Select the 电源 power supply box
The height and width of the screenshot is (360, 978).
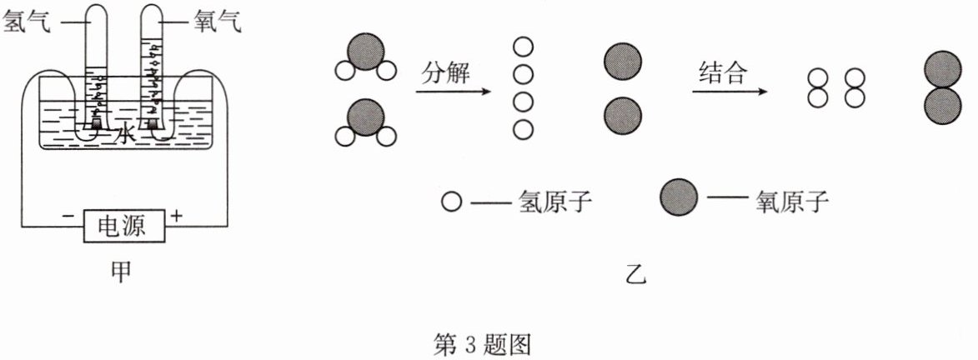click(x=122, y=225)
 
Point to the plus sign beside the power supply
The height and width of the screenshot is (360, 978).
click(x=176, y=217)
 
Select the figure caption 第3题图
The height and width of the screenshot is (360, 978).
click(x=483, y=343)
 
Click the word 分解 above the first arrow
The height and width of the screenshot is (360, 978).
click(x=447, y=72)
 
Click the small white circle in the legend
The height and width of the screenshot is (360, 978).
click(x=451, y=201)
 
